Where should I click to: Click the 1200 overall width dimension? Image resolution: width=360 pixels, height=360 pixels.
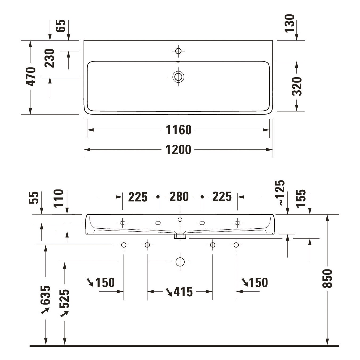pyautogui.click(x=179, y=150)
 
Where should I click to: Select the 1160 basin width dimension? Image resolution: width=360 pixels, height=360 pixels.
pyautogui.click(x=179, y=130)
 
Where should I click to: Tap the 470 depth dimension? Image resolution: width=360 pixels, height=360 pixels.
pyautogui.click(x=31, y=76)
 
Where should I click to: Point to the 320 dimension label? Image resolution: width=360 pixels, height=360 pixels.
pyautogui.click(x=297, y=86)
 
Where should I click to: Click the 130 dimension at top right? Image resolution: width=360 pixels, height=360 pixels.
pyautogui.click(x=289, y=23)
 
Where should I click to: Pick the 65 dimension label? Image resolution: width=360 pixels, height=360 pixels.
pyautogui.click(x=61, y=26)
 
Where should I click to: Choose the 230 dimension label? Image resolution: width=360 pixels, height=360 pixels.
pyautogui.click(x=49, y=58)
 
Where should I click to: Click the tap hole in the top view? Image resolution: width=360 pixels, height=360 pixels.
pyautogui.click(x=179, y=51)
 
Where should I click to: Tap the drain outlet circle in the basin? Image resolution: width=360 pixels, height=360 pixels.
pyautogui.click(x=178, y=77)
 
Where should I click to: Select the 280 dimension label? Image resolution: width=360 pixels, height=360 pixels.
pyautogui.click(x=179, y=197)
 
